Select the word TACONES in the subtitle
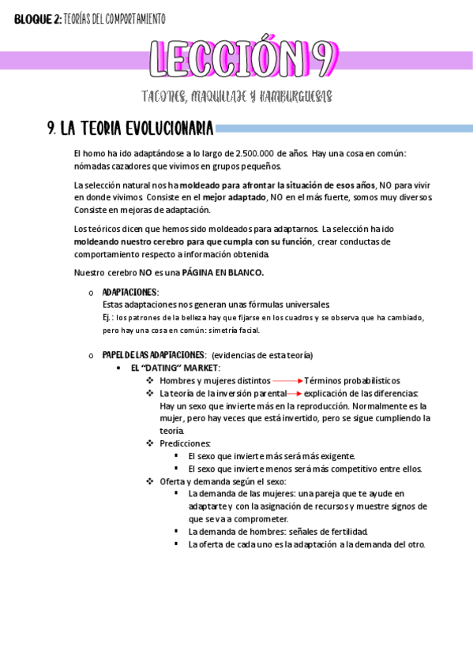pos(166,96)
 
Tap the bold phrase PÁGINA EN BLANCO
pos(223,272)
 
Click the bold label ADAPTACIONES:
pos(130,293)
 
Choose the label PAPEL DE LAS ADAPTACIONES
pos(154,355)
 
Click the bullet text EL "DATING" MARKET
pos(175,368)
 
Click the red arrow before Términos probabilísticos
pos(288,380)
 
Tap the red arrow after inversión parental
pos(294,393)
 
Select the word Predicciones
pos(185,443)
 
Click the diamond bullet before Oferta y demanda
pos(150,481)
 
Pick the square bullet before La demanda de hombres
pos(177,532)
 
